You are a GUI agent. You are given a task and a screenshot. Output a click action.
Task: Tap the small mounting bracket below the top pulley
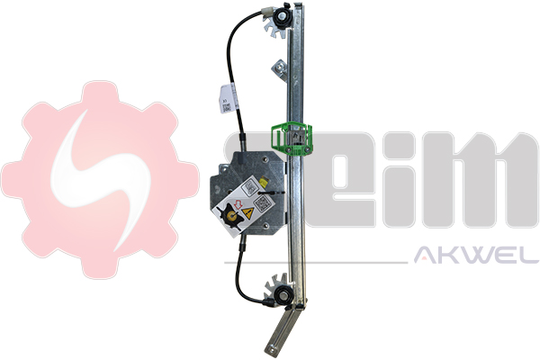click(x=282, y=67)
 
